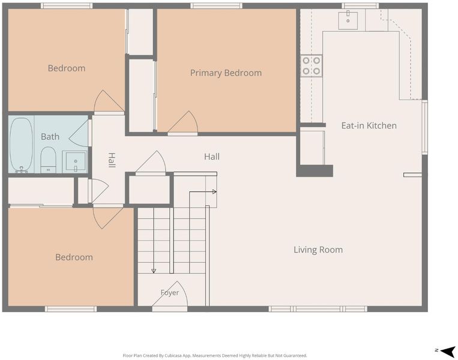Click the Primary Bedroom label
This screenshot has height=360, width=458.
[226, 73]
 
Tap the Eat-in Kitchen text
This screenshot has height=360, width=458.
[369, 125]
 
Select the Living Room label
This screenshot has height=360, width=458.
[318, 250]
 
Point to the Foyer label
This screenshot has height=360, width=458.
[170, 293]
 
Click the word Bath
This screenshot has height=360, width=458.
[50, 137]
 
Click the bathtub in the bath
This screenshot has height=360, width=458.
[21, 145]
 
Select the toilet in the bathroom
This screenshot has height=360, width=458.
[48, 160]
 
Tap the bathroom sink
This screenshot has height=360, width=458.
[75, 161]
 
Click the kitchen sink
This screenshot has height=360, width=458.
[348, 20]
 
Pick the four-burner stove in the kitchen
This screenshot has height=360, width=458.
[312, 65]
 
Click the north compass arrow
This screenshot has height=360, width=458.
[447, 351]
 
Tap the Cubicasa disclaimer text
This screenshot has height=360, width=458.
[215, 356]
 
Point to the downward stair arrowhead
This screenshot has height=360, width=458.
[154, 271]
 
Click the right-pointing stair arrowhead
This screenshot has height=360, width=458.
[214, 192]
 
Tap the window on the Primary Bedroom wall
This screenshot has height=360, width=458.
[217, 5]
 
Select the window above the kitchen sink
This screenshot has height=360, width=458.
[360, 5]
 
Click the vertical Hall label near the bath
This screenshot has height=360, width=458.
[112, 160]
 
